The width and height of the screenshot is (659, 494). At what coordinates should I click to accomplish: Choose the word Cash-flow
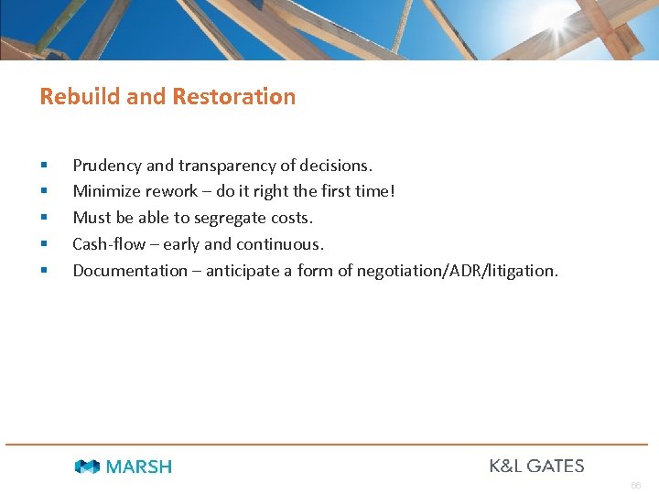coord(109,244)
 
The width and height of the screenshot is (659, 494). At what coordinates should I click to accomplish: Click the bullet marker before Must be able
coord(44,219)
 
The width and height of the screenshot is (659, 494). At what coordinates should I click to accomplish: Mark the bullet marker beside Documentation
coord(44,272)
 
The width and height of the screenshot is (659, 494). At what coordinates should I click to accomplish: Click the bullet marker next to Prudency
coord(44,166)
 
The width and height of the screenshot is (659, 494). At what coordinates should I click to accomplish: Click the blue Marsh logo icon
coord(87,467)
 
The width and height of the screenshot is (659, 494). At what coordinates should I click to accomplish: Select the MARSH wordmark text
coord(138,467)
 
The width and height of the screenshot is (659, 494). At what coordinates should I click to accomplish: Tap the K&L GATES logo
coord(536,466)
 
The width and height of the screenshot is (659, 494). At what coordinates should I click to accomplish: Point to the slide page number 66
coord(635,485)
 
